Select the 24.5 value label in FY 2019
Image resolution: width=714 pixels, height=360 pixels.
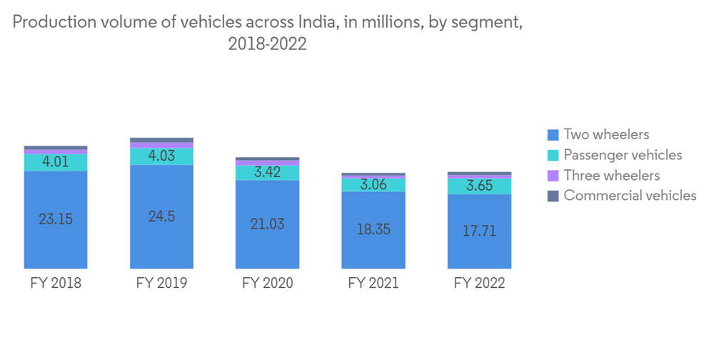point(161,216)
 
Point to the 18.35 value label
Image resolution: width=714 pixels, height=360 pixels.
point(373,229)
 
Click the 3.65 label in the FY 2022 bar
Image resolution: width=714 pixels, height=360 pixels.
point(479,186)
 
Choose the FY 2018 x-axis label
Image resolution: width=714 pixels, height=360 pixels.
point(56,283)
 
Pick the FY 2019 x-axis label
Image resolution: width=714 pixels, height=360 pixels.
point(161,283)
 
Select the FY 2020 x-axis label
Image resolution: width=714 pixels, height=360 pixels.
point(268,283)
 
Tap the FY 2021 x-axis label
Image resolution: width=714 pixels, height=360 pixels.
point(373,283)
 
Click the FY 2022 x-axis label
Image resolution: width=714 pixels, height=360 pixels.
point(479,283)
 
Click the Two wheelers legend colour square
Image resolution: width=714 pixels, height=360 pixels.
point(552,135)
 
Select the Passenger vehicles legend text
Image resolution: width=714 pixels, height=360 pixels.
point(623,155)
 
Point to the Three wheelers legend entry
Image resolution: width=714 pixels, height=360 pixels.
point(611,175)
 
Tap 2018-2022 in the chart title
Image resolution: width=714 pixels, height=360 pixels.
point(267,44)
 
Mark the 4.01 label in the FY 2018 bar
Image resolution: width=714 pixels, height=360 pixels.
point(56,162)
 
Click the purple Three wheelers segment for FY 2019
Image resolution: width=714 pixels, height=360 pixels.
point(161,145)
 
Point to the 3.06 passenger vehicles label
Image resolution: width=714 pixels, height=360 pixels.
point(373,184)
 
